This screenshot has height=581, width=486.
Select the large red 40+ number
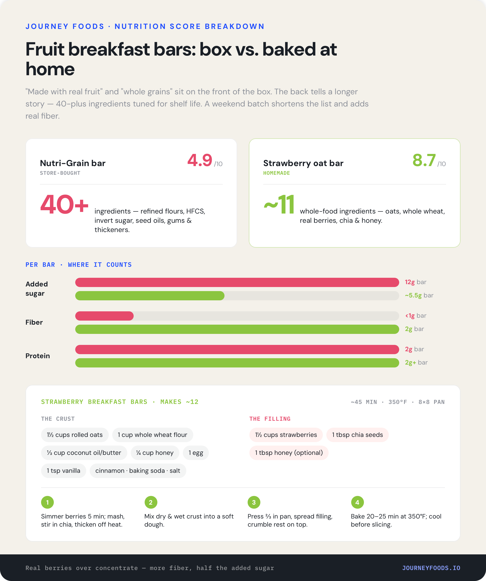tap(64, 204)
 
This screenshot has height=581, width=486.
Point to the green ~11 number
tap(279, 204)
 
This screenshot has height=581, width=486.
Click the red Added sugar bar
tap(237, 282)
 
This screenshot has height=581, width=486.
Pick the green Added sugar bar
tap(150, 296)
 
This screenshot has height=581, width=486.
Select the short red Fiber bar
tap(104, 316)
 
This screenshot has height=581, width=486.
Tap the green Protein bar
tap(237, 363)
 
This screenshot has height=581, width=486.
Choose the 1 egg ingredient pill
tap(196, 453)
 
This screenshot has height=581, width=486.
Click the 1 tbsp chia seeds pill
tap(357, 435)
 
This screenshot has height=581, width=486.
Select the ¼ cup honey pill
tap(155, 453)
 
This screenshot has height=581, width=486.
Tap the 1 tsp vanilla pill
tap(63, 471)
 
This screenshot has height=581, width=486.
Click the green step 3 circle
tap(254, 502)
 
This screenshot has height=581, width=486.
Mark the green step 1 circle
tap(47, 502)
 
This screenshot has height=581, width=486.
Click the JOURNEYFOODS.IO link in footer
tap(431, 568)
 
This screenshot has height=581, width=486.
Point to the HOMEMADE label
tap(277, 173)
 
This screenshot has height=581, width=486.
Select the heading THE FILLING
tap(270, 419)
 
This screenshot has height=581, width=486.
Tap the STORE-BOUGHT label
tap(60, 173)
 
